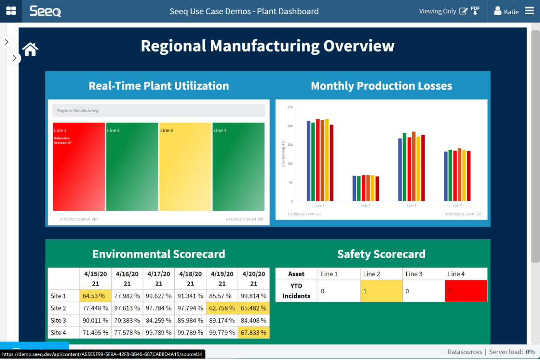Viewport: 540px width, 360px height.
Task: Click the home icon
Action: (30, 49)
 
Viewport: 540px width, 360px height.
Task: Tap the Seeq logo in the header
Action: (45, 11)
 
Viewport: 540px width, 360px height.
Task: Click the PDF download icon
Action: (475, 11)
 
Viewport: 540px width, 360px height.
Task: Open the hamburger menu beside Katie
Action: (529, 11)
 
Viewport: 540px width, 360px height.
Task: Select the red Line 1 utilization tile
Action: (79, 167)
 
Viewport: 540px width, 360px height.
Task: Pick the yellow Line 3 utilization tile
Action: (185, 167)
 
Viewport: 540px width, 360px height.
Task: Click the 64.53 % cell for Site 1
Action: (95, 296)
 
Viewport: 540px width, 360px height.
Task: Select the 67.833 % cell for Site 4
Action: (254, 332)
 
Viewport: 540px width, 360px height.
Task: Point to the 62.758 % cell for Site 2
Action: (222, 308)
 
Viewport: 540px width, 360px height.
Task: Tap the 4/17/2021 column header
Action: (159, 279)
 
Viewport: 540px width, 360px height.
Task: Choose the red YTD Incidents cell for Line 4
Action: (466, 291)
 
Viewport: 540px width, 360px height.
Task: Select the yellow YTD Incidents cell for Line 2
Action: (381, 291)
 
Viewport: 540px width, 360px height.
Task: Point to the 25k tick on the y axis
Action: (290, 107)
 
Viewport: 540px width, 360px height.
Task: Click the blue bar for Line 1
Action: (309, 161)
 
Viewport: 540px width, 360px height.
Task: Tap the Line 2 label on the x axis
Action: (366, 206)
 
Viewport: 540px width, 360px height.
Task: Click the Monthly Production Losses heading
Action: (381, 86)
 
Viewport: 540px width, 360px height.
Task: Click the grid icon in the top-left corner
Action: (11, 11)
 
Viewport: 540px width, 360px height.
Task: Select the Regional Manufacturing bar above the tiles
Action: (158, 110)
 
